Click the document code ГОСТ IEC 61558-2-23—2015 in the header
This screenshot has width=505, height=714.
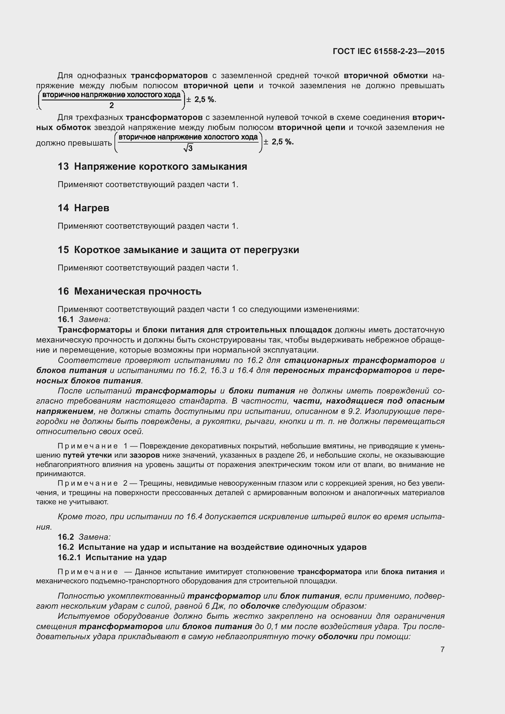[x=388, y=51]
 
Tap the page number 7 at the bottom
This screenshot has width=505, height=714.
[x=442, y=649]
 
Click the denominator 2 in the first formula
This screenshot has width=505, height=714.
[x=112, y=105]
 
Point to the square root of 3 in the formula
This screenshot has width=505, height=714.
[x=188, y=148]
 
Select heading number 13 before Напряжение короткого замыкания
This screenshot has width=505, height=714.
[x=63, y=166]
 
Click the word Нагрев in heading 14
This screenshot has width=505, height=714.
[x=92, y=208]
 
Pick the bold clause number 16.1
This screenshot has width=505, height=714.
[x=66, y=319]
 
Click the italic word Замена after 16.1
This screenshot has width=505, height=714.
[x=95, y=319]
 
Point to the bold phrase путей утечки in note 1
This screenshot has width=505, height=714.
[x=87, y=455]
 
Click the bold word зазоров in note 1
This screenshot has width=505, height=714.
[x=145, y=455]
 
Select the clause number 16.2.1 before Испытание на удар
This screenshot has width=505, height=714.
[x=69, y=557]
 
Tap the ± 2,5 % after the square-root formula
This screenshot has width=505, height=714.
[x=279, y=142]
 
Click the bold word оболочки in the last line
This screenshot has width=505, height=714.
[x=337, y=636]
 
